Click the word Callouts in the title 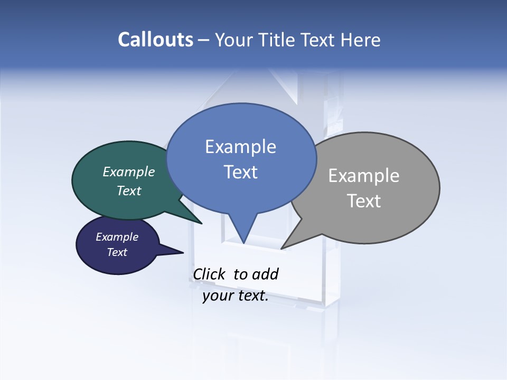(x=155, y=40)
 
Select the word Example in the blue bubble (x=240, y=147)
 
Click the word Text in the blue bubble (x=240, y=172)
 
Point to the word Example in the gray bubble (x=364, y=176)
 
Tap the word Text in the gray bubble (x=364, y=201)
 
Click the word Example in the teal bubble (x=128, y=172)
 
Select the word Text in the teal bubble (x=128, y=191)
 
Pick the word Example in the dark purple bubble (x=117, y=237)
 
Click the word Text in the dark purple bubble (x=117, y=252)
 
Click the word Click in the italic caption (x=210, y=274)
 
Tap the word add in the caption (x=265, y=274)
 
